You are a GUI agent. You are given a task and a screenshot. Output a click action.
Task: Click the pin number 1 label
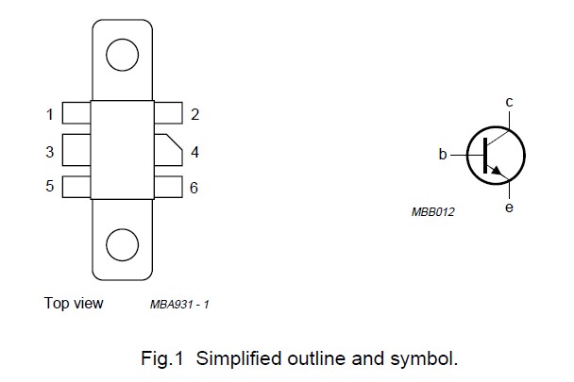(x=49, y=115)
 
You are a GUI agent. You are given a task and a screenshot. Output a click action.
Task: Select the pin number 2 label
(x=194, y=115)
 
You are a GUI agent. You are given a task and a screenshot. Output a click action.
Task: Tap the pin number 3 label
(x=49, y=151)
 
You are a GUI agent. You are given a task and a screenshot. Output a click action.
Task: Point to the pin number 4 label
(x=194, y=151)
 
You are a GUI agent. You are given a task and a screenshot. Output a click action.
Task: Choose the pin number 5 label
(x=49, y=187)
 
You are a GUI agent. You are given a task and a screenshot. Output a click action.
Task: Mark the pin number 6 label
(x=194, y=188)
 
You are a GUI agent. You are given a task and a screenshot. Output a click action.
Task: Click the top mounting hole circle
(x=122, y=56)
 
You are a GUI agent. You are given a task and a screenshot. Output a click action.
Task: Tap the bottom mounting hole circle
(x=122, y=245)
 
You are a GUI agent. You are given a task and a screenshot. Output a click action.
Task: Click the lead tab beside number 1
(x=76, y=115)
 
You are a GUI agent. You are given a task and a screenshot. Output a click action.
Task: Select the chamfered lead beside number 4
(x=167, y=151)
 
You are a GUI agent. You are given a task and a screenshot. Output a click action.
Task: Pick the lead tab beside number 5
(x=76, y=187)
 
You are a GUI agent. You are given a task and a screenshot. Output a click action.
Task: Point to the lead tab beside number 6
(x=167, y=187)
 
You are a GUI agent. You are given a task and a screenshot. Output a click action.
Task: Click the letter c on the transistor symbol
(x=509, y=102)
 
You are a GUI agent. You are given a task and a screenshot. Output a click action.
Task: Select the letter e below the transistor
(x=509, y=207)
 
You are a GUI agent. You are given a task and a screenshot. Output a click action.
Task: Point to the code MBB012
(x=433, y=212)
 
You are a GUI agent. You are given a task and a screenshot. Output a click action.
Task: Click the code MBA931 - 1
(x=179, y=305)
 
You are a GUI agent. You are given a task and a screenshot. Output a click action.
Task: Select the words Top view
(x=74, y=304)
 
